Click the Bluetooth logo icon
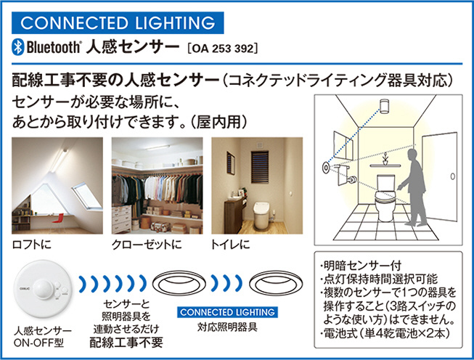coord(17,47)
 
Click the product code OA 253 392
coord(223,49)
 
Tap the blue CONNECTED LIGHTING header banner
coord(118,22)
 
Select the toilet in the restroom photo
coord(261,216)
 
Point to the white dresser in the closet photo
coord(121,219)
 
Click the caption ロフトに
coord(31,244)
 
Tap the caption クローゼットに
coord(147,244)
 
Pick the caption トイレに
coord(231,244)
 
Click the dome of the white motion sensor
coord(43,289)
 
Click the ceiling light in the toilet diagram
coord(384,106)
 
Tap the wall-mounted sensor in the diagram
coord(326,167)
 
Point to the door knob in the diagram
coord(452,176)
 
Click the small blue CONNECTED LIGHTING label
coord(227,312)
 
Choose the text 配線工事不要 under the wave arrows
coord(126,342)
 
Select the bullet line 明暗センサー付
coord(361,266)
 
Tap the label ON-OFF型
coord(38,343)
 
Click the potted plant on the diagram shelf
coord(385,159)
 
